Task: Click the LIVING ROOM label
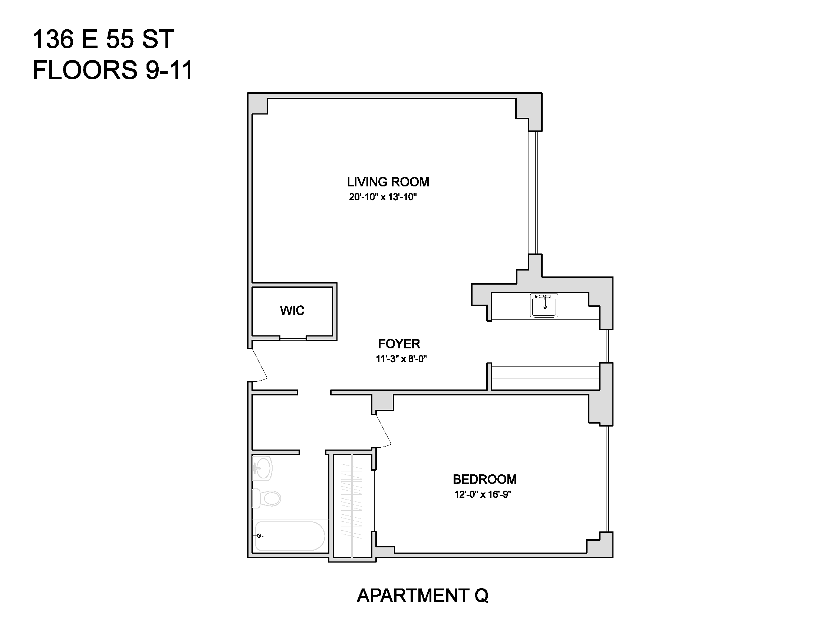pyautogui.click(x=388, y=182)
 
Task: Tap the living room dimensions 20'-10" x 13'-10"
pyautogui.click(x=383, y=197)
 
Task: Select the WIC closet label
pyautogui.click(x=292, y=311)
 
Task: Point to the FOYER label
pyautogui.click(x=399, y=344)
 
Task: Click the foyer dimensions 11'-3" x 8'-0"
pyautogui.click(x=401, y=359)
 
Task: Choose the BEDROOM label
pyautogui.click(x=485, y=479)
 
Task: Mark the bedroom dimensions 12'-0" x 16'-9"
pyautogui.click(x=483, y=494)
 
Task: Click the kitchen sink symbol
pyautogui.click(x=544, y=305)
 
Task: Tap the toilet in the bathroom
pyautogui.click(x=266, y=498)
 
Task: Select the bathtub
pyautogui.click(x=290, y=536)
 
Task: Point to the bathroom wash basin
pyautogui.click(x=262, y=468)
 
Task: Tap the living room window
pyautogui.click(x=535, y=193)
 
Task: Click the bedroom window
pyautogui.click(x=606, y=478)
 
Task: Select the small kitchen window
pyautogui.click(x=606, y=346)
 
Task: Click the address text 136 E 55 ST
pyautogui.click(x=103, y=39)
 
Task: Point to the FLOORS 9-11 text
pyautogui.click(x=112, y=70)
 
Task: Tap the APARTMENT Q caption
pyautogui.click(x=422, y=596)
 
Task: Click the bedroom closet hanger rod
pyautogui.click(x=352, y=506)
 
